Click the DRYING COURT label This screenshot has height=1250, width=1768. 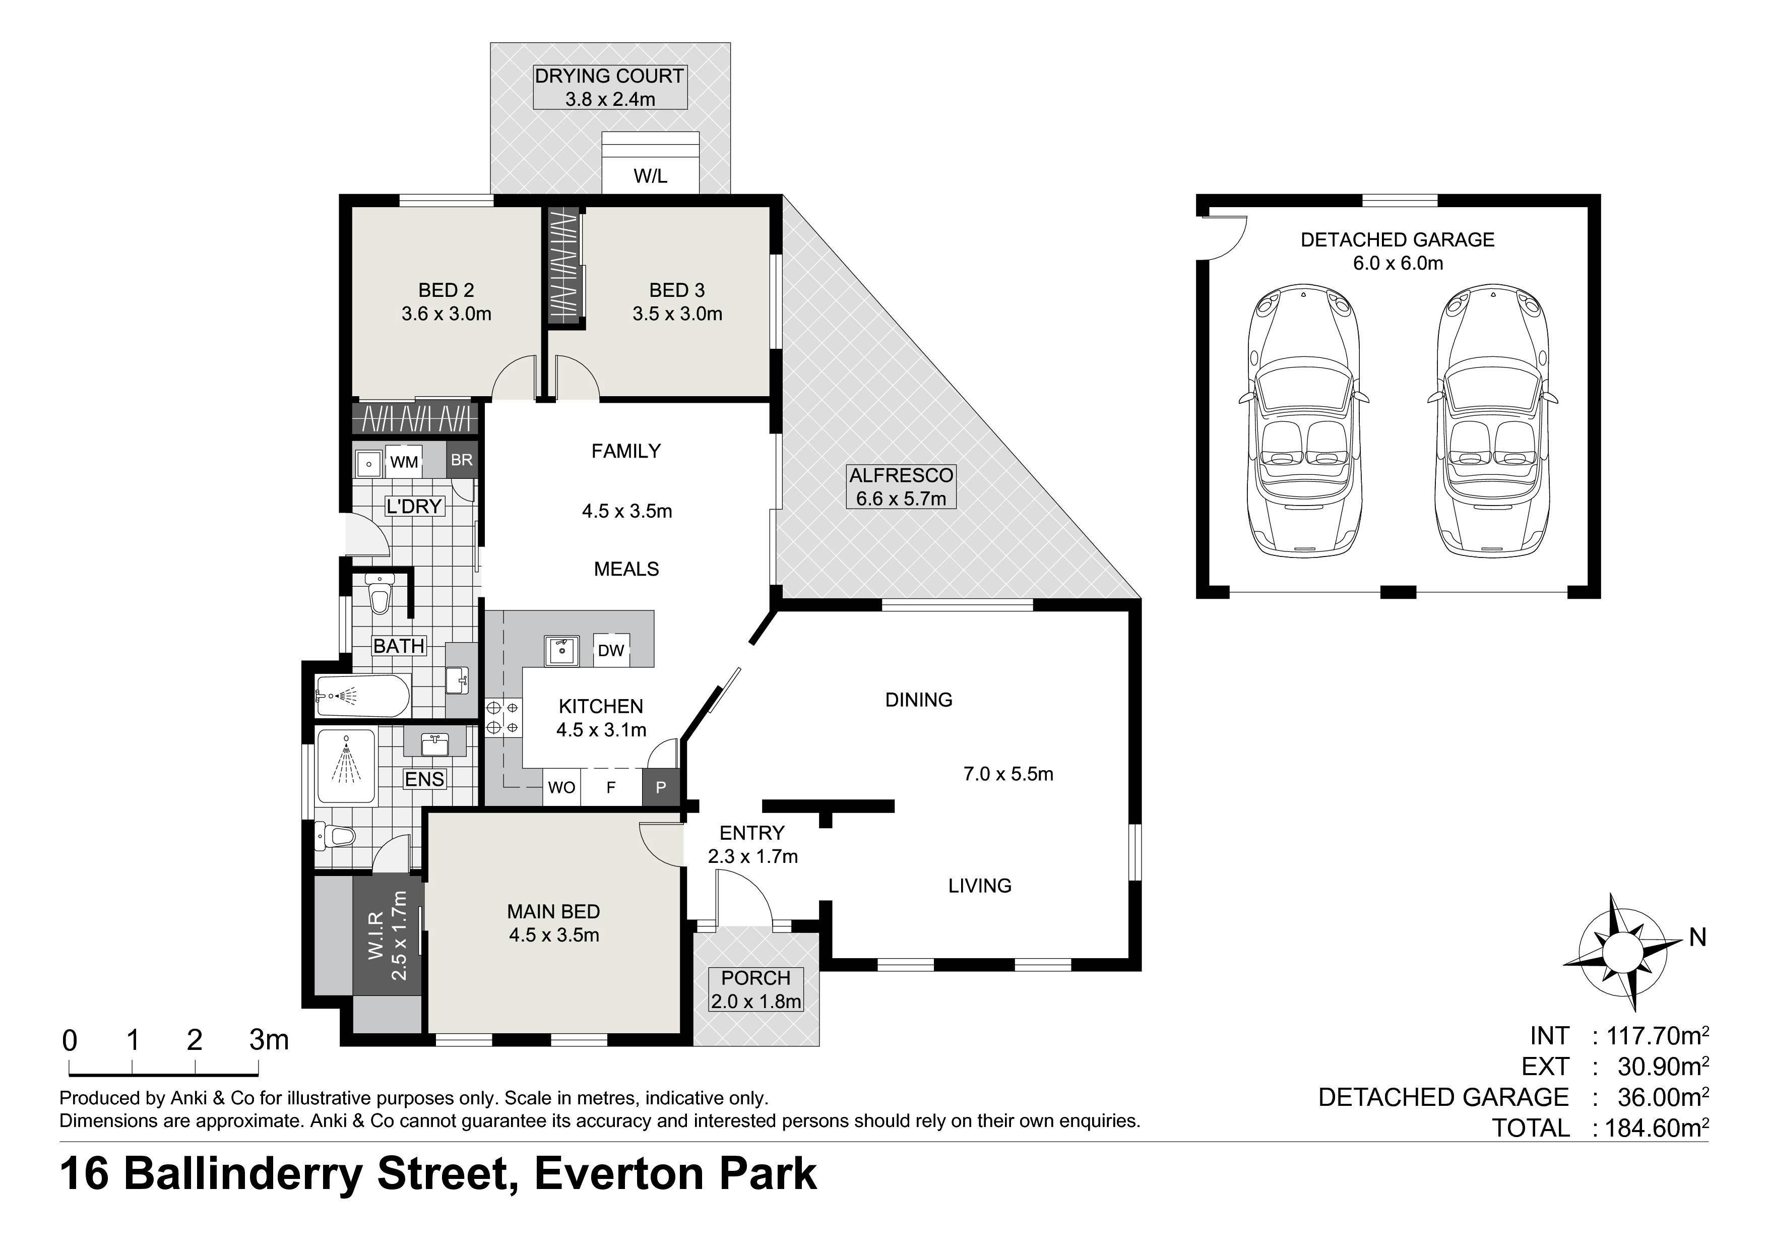[x=609, y=76]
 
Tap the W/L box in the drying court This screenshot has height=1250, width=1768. [x=651, y=175]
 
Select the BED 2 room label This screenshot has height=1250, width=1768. [x=446, y=290]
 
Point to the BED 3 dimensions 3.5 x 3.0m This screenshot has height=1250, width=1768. [x=678, y=314]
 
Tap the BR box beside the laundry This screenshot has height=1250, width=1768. [x=462, y=460]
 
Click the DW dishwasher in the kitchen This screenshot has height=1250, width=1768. [x=611, y=650]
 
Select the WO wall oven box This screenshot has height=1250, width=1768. [x=561, y=787]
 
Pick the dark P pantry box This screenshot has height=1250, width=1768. [x=661, y=787]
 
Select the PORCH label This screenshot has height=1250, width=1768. [x=755, y=978]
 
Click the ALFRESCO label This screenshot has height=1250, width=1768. [x=901, y=475]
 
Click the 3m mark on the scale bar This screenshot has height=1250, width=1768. [x=269, y=1040]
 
